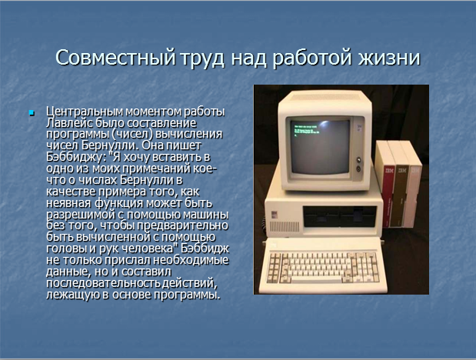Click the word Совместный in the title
[115, 58]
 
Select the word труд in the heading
[203, 58]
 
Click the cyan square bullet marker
[32, 113]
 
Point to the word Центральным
[85, 112]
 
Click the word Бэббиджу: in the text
[77, 158]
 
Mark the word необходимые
[191, 260]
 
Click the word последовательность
[103, 283]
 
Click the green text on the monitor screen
[305, 128]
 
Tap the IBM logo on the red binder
[389, 171]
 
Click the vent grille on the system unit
[285, 227]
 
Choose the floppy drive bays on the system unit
[340, 216]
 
